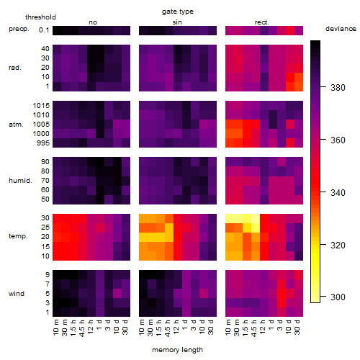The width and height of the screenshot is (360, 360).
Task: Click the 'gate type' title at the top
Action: coord(178,12)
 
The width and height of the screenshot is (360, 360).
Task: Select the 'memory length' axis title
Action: coord(177,350)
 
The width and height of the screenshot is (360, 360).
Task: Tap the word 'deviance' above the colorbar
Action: coord(341,29)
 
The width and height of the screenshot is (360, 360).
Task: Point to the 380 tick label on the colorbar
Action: coord(338,88)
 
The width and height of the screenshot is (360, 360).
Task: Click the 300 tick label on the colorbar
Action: coord(338,297)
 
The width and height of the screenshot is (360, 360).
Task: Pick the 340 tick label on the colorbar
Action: coord(338,192)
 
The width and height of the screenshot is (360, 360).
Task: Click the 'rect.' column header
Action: coord(262,22)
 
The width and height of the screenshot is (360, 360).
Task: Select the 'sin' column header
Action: coord(177,22)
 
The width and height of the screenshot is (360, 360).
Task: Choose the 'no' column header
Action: coord(93,22)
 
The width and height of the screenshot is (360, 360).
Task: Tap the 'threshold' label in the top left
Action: coord(40,17)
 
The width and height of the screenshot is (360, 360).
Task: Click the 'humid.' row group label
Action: coord(20,181)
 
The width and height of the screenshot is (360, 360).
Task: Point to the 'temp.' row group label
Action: coord(18,236)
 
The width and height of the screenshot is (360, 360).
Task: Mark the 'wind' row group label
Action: coord(17,294)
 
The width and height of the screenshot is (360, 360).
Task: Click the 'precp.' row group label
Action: coord(19,30)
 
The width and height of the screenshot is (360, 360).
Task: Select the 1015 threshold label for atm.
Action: coord(41,105)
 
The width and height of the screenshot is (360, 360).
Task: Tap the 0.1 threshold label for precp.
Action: coord(44,30)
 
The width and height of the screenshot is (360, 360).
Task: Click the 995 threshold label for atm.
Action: coord(43,143)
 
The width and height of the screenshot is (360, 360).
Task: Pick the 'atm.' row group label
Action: coord(16,125)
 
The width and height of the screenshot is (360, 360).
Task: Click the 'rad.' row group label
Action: coord(15,68)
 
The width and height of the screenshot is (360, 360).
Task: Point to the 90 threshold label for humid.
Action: coord(45,162)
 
